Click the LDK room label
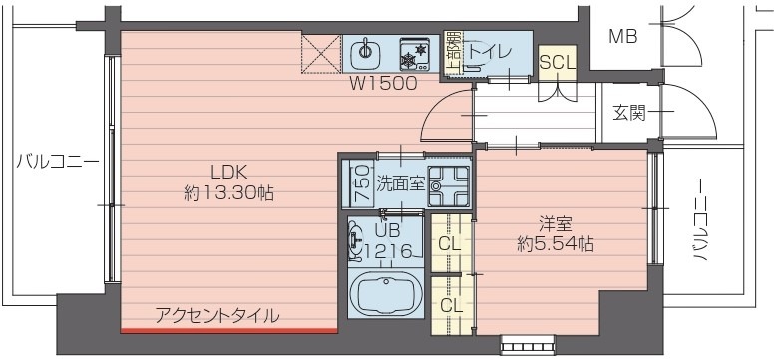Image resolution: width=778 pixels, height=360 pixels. (x=227, y=170)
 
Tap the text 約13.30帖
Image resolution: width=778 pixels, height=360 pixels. (x=228, y=193)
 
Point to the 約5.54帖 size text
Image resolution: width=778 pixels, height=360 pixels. (x=557, y=243)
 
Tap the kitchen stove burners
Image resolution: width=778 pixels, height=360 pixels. (x=413, y=51)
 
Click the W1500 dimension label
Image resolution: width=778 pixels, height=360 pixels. (x=382, y=85)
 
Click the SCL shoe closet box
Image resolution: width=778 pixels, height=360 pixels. (x=557, y=62)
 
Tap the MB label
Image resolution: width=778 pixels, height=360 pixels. (x=623, y=37)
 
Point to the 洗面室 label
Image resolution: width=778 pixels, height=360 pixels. (x=399, y=183)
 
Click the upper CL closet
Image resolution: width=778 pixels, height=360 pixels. (x=450, y=242)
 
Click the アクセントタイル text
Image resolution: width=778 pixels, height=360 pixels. (x=216, y=316)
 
